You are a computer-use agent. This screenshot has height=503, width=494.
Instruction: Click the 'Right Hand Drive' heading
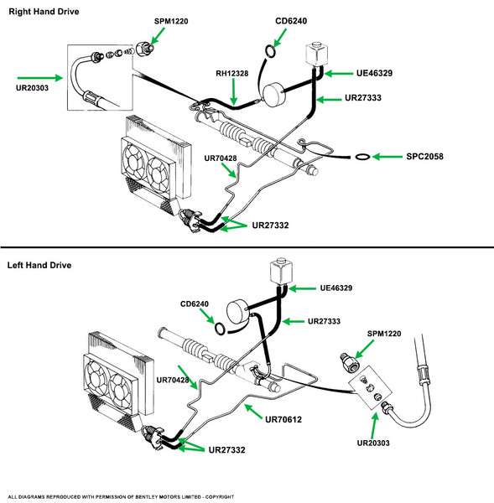click(x=44, y=12)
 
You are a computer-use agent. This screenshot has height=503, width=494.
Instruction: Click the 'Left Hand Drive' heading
click(x=39, y=265)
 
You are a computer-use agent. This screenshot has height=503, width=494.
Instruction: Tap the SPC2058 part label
click(x=424, y=157)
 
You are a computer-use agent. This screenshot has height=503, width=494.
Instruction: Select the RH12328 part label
click(x=231, y=74)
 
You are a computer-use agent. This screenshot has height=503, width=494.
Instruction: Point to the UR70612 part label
click(x=283, y=419)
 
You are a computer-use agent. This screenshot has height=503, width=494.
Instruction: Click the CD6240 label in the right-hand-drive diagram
click(x=291, y=21)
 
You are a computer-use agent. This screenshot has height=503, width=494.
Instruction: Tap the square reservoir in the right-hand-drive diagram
click(x=316, y=54)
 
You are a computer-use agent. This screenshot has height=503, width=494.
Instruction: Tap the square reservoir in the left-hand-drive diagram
click(x=281, y=271)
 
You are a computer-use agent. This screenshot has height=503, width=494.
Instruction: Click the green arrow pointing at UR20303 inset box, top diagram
click(x=40, y=78)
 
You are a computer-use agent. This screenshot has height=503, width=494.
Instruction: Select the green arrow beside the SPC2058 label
click(x=387, y=157)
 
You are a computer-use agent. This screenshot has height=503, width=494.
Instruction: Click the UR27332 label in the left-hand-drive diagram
click(x=226, y=449)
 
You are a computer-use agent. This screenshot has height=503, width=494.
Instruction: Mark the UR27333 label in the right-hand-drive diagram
click(x=363, y=98)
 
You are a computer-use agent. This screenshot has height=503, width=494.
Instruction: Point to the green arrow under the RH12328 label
click(x=234, y=91)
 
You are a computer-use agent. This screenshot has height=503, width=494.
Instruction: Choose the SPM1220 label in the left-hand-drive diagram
click(x=384, y=334)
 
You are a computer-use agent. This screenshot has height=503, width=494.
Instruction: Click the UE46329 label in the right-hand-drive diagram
click(x=374, y=73)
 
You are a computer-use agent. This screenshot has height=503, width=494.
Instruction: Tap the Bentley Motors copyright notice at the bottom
click(x=121, y=497)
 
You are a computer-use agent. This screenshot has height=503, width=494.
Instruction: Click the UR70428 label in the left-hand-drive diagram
click(x=173, y=380)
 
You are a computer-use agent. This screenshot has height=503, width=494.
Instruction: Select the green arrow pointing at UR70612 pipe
click(x=253, y=412)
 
